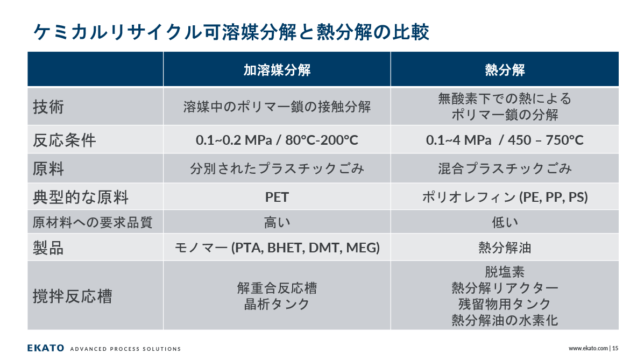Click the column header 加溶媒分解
277,70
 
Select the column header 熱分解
505,70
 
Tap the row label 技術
48,107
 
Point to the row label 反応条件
65,140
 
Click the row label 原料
48,169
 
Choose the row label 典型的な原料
81,197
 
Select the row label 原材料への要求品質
93,222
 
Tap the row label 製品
48,248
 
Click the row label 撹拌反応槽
72,297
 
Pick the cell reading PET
277,197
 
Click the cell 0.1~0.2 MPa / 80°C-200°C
277,140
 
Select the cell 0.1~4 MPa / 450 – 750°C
505,140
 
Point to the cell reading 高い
277,222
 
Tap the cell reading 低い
505,222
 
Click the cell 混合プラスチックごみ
505,168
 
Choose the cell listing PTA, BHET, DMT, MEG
277,248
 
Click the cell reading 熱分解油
505,248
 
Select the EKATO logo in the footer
46,348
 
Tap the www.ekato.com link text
588,349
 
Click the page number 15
615,349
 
